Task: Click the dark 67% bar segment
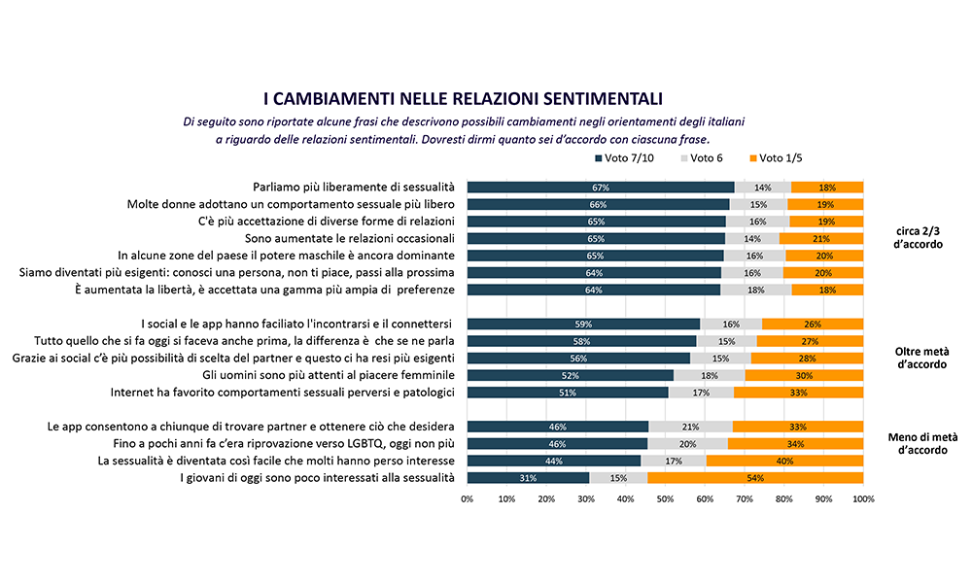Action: tap(601, 188)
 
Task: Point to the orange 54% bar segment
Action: tap(755, 478)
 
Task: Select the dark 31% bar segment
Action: tap(528, 478)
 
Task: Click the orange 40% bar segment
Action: tap(784, 461)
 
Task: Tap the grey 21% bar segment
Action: tap(690, 427)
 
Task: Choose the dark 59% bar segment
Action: tap(583, 324)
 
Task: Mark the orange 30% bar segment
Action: tap(804, 375)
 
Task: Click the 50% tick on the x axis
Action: tap(665, 499)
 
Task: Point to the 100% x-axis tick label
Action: tap(862, 499)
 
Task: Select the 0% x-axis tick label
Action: tap(468, 499)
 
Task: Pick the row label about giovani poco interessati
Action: tap(317, 478)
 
